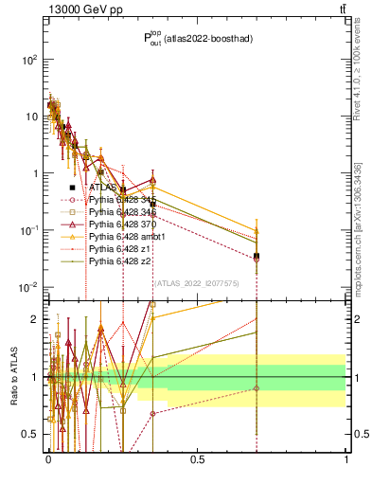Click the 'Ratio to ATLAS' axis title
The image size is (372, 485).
(16, 377)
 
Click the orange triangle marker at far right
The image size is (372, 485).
(257, 230)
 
